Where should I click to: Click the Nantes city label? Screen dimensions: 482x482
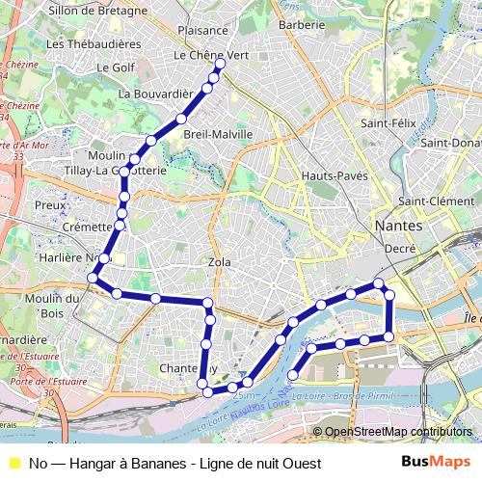[x=396, y=225]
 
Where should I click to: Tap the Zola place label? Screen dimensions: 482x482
[x=219, y=261]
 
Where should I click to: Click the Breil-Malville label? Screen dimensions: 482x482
[x=217, y=134]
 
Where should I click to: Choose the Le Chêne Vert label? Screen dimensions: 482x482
[x=211, y=56]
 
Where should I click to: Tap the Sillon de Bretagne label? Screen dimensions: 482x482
[x=98, y=11]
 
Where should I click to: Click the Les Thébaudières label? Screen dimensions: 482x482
[x=93, y=44]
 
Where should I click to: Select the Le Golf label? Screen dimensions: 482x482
[x=116, y=67]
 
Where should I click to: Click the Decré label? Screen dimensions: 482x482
[x=400, y=248]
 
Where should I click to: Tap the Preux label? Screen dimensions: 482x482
[x=49, y=205]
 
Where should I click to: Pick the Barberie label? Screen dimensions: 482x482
[x=301, y=25]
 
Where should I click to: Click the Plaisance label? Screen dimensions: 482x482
[x=202, y=31]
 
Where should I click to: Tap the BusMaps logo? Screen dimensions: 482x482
[x=436, y=462]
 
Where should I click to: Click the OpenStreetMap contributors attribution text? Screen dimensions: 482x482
[x=398, y=432]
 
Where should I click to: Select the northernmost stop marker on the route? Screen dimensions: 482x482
[x=220, y=64]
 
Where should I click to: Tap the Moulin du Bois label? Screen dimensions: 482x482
[x=44, y=305]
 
